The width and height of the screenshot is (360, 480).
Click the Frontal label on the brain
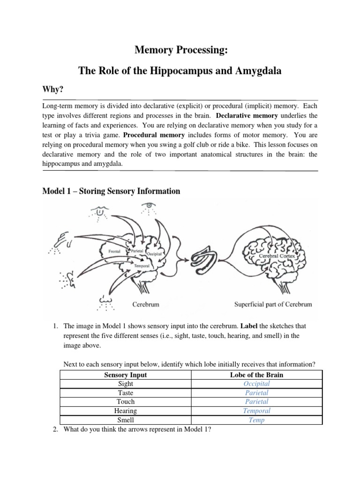click(115, 251)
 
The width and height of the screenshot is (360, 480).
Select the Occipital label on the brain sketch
click(155, 253)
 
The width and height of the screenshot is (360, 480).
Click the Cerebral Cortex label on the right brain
click(280, 257)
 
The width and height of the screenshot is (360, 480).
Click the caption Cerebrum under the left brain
click(145, 304)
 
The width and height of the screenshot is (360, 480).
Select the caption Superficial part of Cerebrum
click(273, 304)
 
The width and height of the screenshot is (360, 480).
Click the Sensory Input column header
click(125, 375)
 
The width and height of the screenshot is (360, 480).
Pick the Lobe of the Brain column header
click(256, 375)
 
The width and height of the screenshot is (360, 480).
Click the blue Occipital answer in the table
click(256, 383)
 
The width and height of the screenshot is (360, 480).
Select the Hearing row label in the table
click(125, 411)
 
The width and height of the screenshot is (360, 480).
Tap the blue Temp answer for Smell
click(256, 420)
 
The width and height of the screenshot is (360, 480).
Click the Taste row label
click(125, 393)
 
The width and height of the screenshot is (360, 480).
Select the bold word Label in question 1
click(250, 325)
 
